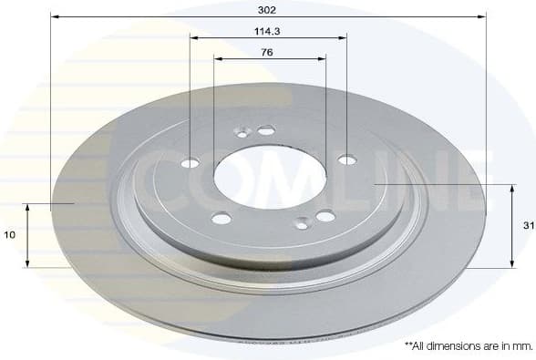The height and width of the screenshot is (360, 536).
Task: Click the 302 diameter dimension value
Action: click(267, 9)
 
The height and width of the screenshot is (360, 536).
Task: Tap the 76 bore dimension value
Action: click(267, 52)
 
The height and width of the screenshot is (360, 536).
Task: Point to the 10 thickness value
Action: click(9, 234)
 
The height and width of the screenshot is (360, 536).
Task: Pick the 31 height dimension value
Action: click(528, 225)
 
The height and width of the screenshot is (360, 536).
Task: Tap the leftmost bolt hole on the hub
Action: click(190, 163)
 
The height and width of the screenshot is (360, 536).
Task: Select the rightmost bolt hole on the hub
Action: click(346, 159)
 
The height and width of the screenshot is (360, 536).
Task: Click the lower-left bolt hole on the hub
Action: click(222, 218)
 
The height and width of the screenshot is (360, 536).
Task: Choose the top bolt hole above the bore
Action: click(266, 130)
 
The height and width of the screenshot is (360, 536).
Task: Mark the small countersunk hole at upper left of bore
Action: click(242, 133)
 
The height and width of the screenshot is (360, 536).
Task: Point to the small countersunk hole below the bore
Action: click(302, 221)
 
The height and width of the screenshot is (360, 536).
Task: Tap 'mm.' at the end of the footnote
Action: click(521, 345)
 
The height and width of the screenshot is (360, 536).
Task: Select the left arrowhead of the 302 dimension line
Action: click(55, 17)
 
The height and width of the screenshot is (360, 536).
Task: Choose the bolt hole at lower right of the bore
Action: click(325, 216)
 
